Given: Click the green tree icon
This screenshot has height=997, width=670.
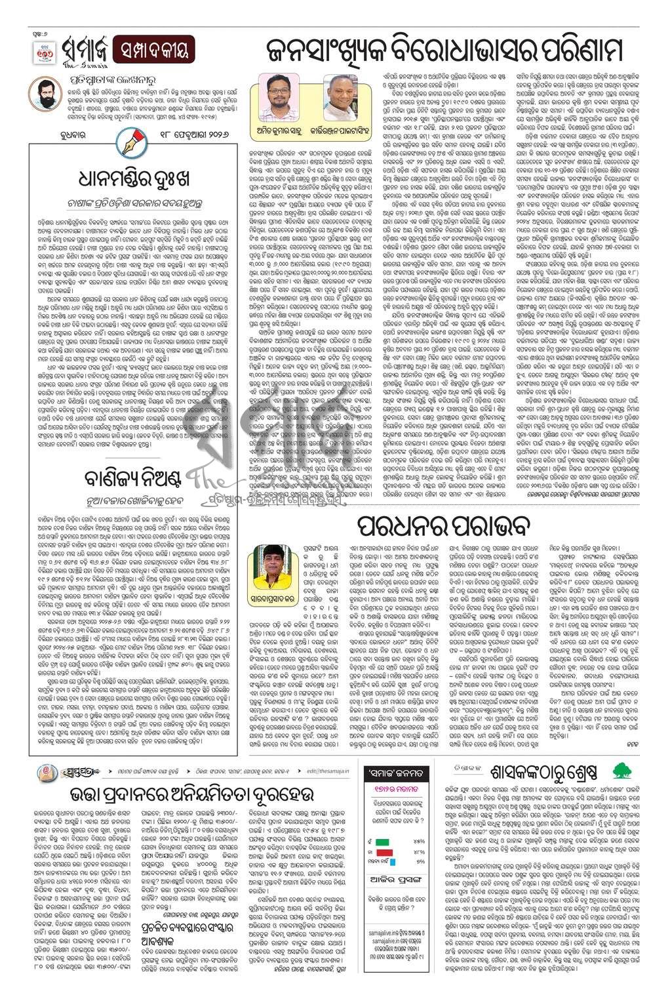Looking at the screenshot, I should point(620,769).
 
